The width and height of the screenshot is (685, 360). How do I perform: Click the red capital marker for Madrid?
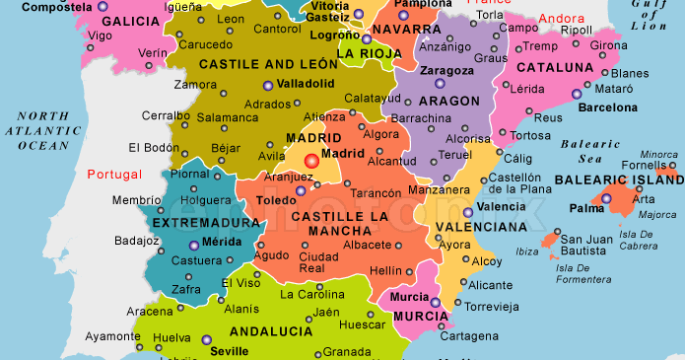[x=311, y=160]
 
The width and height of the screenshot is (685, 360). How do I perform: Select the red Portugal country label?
[x=115, y=175]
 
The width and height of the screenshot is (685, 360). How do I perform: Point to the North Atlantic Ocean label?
[x=43, y=130]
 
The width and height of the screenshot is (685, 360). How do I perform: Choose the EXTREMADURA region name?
[x=207, y=223]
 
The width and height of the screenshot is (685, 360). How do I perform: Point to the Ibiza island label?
[x=527, y=252]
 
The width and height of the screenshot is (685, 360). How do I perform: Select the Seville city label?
[x=229, y=350]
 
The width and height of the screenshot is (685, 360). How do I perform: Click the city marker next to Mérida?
[x=193, y=245]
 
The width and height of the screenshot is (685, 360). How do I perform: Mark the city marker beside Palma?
[x=606, y=199]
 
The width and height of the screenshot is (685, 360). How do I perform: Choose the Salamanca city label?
[x=228, y=116]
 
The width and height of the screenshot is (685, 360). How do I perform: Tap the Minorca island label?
[x=658, y=154]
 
